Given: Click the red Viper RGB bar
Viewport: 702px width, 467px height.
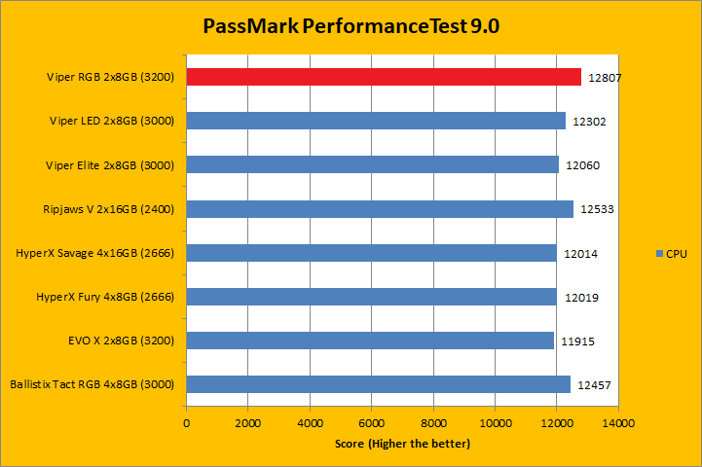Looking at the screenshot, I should point(384,77).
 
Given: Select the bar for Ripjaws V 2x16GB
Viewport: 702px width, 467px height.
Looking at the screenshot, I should point(380,209).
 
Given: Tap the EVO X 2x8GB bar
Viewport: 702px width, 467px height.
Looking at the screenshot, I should point(370,341).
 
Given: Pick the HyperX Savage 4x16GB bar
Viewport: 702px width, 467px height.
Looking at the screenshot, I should point(371,253).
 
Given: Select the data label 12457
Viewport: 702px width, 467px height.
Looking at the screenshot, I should point(595,385).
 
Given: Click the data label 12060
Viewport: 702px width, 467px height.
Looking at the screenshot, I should point(583,165).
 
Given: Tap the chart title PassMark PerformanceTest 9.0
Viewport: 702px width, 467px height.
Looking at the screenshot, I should point(351,26).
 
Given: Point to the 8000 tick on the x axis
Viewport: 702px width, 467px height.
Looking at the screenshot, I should point(433,424).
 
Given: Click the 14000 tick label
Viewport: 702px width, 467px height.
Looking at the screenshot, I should point(617,424).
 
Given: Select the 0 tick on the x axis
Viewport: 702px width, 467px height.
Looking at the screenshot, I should point(187,424).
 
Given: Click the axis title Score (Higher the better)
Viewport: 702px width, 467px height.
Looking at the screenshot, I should point(401,444).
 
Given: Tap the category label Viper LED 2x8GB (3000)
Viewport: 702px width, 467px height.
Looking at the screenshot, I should point(111,121).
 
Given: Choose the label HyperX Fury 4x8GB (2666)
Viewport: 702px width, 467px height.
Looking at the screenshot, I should point(104,297).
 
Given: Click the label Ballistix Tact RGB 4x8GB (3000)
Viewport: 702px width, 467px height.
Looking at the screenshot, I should point(92,384).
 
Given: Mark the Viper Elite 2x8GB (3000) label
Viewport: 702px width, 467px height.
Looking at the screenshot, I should point(110,165).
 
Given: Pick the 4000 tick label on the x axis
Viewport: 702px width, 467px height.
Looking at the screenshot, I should point(310,424).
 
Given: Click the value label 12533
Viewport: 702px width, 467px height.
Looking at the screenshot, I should point(597,209).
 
